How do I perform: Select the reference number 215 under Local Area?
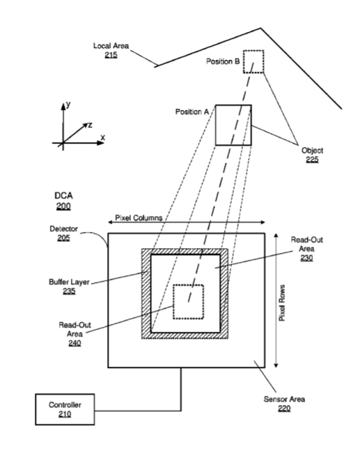111,55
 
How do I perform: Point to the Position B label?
223,61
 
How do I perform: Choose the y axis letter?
68,105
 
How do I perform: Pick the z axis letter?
90,125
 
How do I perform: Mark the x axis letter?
102,137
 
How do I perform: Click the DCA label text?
63,196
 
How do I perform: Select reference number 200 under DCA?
63,206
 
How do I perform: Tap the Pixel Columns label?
139,217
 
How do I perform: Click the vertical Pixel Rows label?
282,303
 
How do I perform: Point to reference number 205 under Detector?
63,238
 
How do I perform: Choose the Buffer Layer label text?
69,282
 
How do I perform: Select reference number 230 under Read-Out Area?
306,258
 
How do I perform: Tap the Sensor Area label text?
284,399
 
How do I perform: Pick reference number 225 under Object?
312,160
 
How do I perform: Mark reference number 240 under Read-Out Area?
75,343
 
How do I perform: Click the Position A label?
192,112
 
